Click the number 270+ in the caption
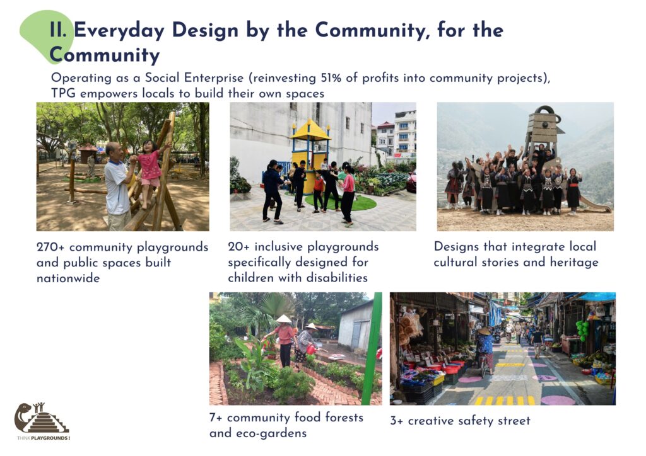[50, 247]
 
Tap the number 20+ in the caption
[238, 246]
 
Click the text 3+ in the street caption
[397, 421]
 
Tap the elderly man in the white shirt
[118, 185]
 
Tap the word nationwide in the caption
[68, 278]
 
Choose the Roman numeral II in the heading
[57, 30]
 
